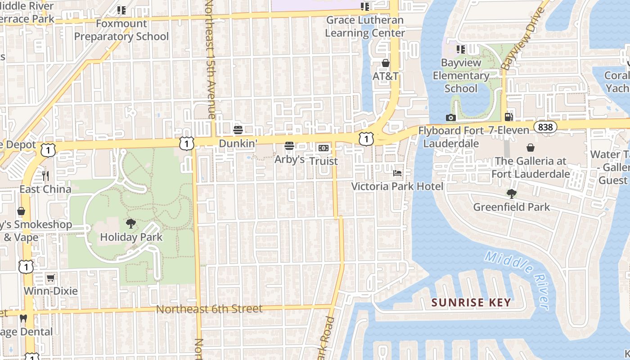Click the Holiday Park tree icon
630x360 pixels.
131,223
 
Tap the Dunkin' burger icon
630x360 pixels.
238,130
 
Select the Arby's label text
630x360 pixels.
289,159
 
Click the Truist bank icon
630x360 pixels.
323,148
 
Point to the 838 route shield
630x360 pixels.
545,127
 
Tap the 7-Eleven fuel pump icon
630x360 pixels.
509,117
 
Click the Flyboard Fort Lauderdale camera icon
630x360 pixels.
450,117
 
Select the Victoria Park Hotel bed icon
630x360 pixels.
397,173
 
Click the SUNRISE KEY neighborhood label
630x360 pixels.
471,302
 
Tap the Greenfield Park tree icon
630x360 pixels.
511,194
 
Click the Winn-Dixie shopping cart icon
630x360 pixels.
51,278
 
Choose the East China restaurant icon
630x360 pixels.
45,175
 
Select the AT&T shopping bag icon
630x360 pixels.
386,63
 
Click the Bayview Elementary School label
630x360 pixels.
461,76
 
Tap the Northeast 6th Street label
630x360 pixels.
209,309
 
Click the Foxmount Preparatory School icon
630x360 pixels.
121,10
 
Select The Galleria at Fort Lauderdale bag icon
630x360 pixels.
531,148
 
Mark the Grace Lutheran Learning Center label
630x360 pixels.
365,27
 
